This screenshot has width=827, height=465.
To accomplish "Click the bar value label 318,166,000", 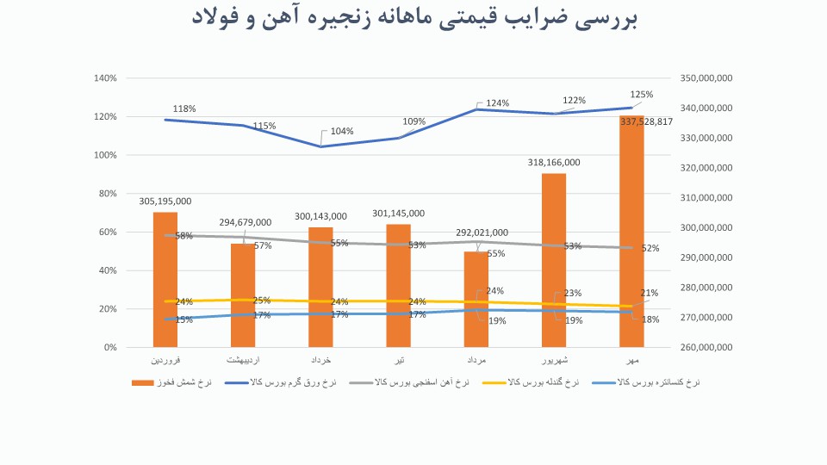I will [x=554, y=162].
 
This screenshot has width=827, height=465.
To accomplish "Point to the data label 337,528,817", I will [x=646, y=122].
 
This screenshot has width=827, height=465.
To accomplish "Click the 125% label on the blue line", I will [x=642, y=95].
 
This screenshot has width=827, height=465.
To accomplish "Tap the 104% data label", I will [x=342, y=132].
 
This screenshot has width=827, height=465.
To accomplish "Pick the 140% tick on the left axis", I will [x=105, y=78].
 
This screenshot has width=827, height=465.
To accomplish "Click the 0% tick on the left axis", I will [x=110, y=348].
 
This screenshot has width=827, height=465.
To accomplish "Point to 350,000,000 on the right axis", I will [x=706, y=78].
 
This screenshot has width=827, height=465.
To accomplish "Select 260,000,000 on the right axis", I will [x=706, y=348].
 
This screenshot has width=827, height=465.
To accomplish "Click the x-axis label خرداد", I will [x=320, y=359].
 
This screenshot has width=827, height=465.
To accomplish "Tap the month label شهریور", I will [x=553, y=359].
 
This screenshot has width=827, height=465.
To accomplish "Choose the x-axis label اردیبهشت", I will [x=243, y=359].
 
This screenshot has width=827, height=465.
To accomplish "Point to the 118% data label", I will [x=184, y=109].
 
